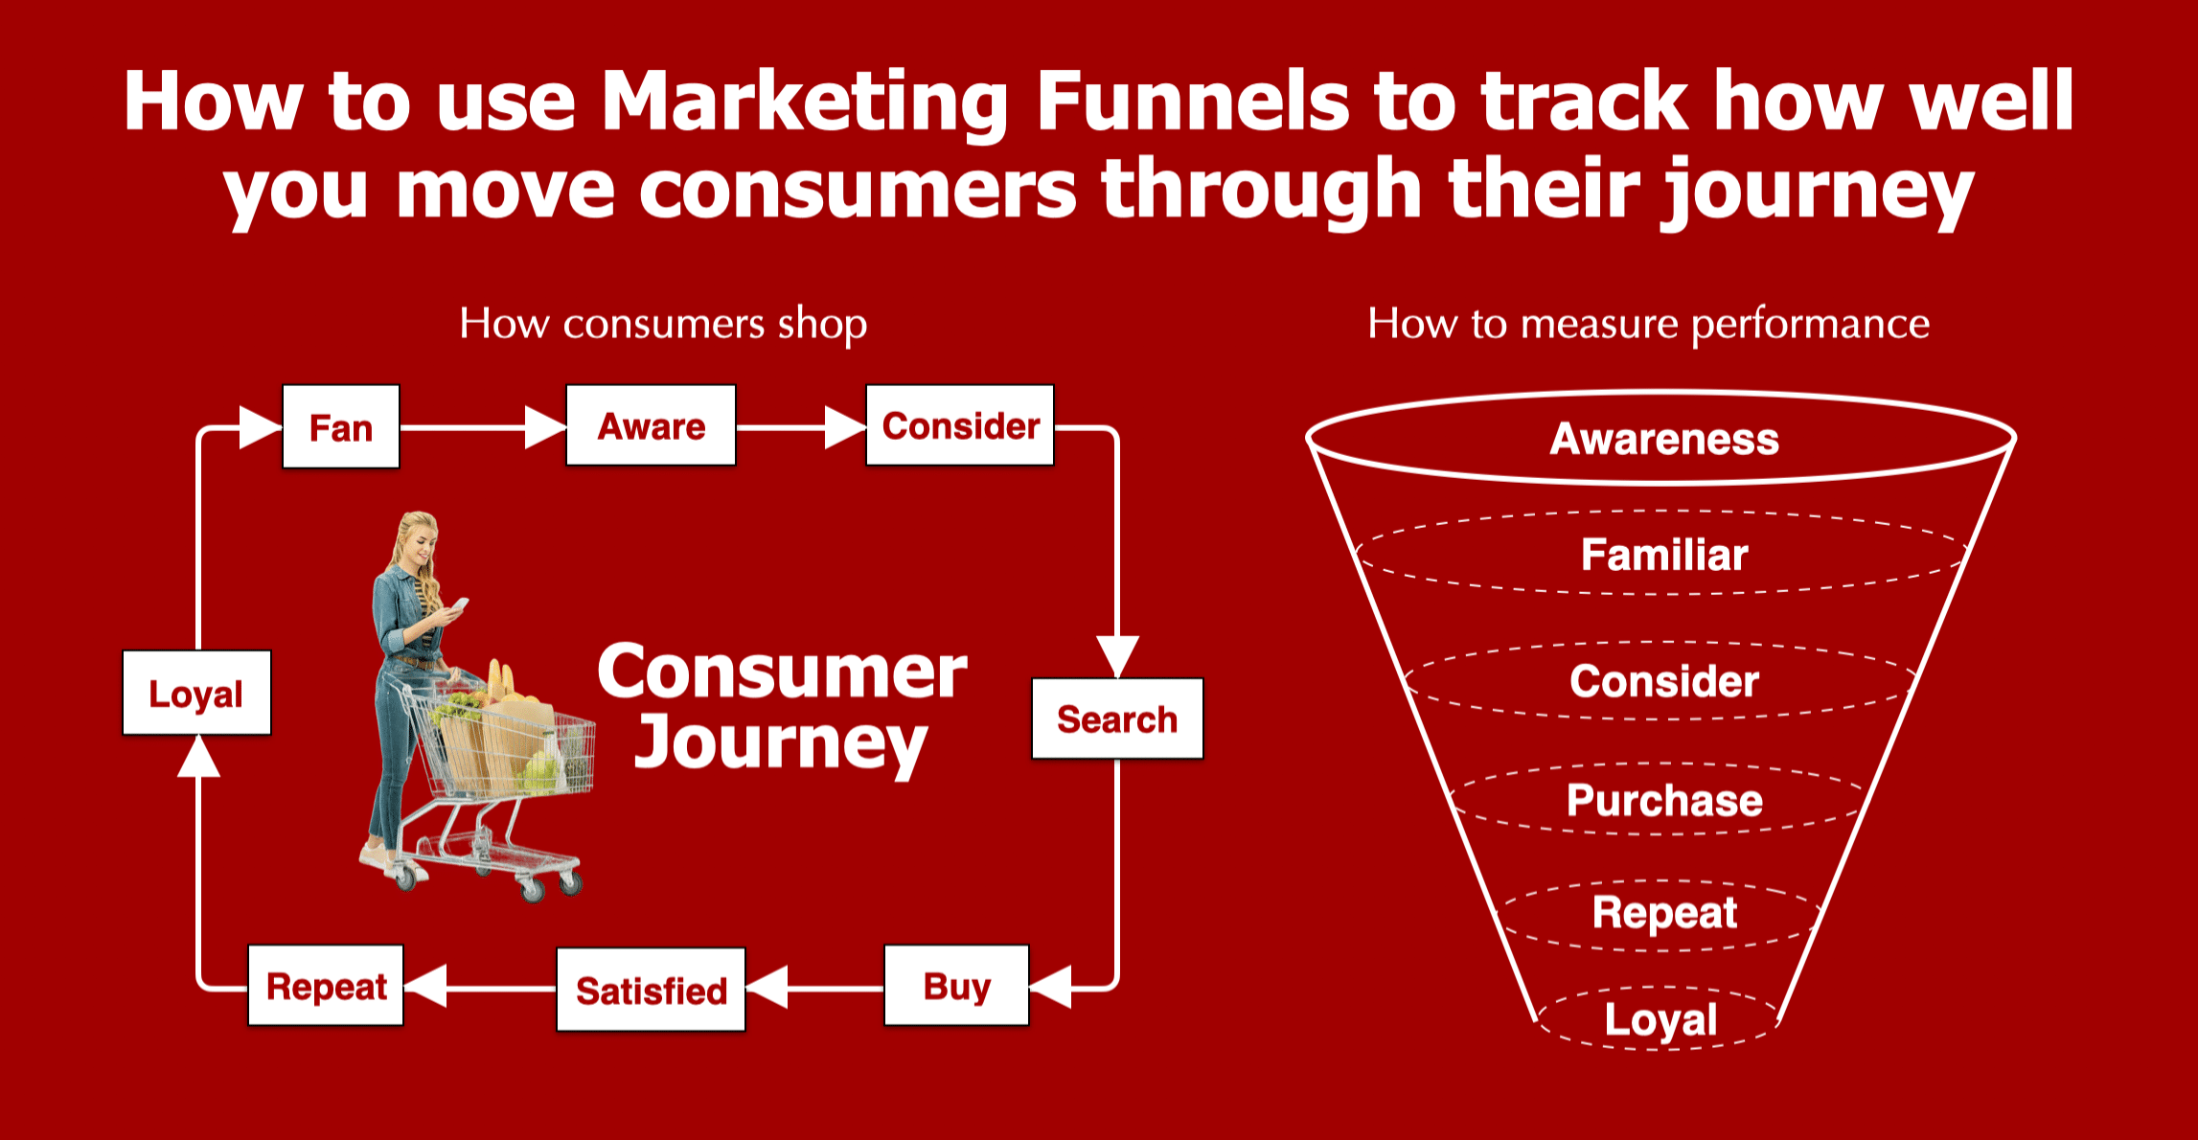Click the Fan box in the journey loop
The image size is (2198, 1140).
click(x=341, y=427)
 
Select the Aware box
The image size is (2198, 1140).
click(x=652, y=426)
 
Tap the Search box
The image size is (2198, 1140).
click(x=1117, y=719)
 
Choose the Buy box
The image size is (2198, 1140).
click(x=956, y=986)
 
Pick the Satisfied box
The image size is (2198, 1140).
click(x=652, y=990)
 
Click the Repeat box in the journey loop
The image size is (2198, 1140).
click(x=326, y=986)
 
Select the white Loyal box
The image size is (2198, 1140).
click(x=196, y=693)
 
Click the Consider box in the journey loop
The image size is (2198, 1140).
click(x=960, y=426)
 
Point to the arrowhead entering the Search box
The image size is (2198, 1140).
click(x=1117, y=657)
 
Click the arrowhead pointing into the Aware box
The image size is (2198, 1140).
click(x=546, y=427)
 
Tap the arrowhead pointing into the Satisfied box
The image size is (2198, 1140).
click(x=767, y=987)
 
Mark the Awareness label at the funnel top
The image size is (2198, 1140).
click(x=1664, y=439)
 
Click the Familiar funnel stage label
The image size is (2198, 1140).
click(x=1664, y=555)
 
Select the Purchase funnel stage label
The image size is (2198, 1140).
click(x=1664, y=800)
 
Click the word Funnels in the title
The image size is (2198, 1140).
click(x=1192, y=101)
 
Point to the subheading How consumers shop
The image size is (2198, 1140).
click(x=663, y=324)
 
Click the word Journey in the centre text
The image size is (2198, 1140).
click(x=781, y=745)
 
